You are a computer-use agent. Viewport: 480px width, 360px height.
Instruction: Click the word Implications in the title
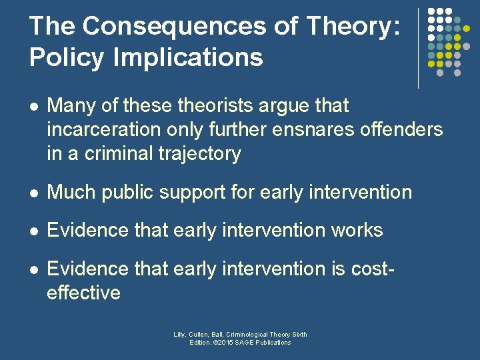[188, 57]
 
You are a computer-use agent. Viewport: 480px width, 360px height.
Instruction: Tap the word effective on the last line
[83, 292]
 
